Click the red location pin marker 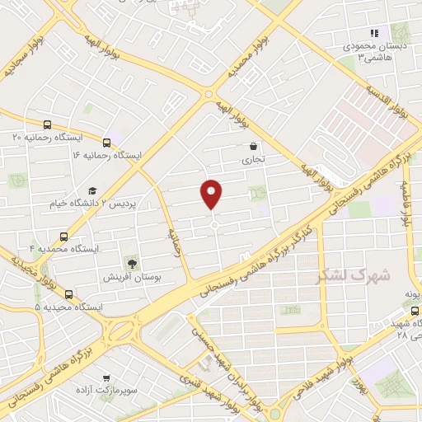click(212, 193)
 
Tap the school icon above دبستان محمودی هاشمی click(373, 34)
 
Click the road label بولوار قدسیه click(388, 100)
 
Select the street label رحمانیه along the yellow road click(175, 242)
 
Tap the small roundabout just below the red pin click(213, 225)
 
